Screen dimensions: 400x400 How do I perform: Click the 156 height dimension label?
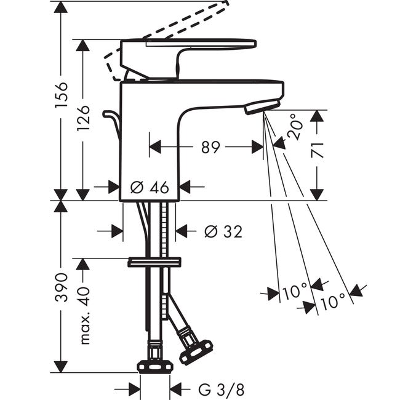click(61, 95)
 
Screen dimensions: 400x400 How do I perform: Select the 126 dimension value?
click(83, 118)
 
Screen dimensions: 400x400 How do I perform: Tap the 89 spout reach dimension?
click(210, 147)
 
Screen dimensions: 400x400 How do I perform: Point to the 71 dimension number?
click(317, 150)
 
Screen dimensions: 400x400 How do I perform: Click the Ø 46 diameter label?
click(150, 187)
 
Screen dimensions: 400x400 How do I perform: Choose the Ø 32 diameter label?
click(223, 231)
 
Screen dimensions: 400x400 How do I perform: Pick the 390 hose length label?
click(61, 287)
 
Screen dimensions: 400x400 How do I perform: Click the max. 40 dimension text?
click(85, 316)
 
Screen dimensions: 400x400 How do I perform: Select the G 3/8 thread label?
click(221, 390)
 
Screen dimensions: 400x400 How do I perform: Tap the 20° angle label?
click(295, 127)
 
